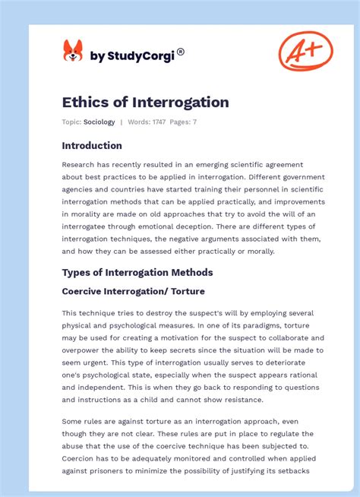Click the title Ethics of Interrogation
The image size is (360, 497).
point(145,102)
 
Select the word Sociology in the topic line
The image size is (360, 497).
point(99,122)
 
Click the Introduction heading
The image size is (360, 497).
point(92,145)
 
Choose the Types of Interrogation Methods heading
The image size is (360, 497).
point(137,272)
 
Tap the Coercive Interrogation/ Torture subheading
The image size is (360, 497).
point(133,291)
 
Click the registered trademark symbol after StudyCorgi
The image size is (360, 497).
point(181,52)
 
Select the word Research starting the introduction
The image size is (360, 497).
point(79,164)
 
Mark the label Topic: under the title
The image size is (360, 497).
point(71,122)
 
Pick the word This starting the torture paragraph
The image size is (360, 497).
point(70,313)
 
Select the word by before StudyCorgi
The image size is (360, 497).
point(96,55)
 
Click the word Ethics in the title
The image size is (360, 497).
point(83,102)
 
